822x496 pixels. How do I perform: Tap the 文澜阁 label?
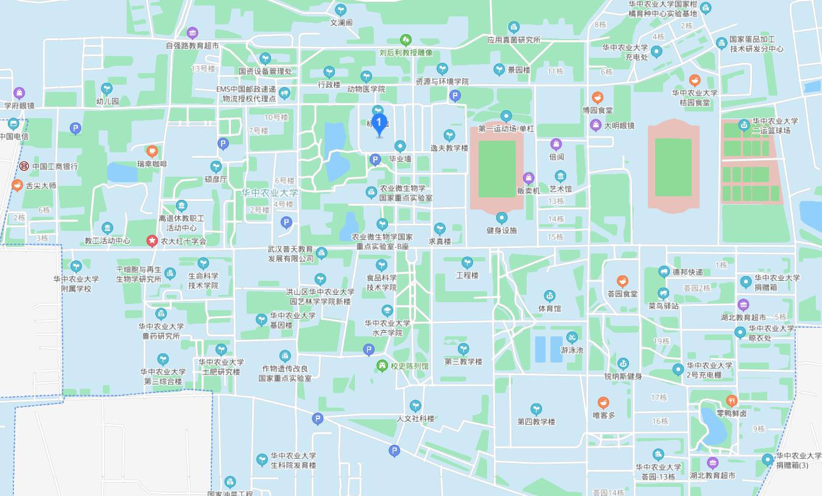click(x=341, y=23)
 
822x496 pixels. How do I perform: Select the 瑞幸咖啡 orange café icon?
click(x=152, y=151)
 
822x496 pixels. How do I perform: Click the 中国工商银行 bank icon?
click(x=24, y=166)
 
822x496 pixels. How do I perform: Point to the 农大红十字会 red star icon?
click(x=152, y=241)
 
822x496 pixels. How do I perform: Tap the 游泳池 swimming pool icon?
click(x=572, y=338)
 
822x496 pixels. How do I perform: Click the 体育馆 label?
click(x=549, y=309)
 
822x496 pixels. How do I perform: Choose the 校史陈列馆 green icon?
click(x=382, y=366)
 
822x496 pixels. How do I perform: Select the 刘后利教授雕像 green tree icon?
click(x=406, y=40)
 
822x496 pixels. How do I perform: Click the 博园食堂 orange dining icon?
click(x=597, y=97)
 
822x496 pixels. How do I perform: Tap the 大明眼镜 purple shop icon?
click(x=596, y=126)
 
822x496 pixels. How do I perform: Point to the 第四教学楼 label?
click(x=536, y=422)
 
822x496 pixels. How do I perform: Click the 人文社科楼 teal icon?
click(x=415, y=406)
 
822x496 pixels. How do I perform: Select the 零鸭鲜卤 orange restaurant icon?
click(x=732, y=400)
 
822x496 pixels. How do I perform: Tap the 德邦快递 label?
click(x=687, y=272)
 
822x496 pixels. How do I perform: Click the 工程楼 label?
click(x=467, y=275)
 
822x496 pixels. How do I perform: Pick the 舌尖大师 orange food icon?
click(x=17, y=186)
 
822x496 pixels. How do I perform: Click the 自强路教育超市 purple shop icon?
click(x=192, y=33)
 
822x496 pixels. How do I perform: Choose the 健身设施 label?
click(x=502, y=230)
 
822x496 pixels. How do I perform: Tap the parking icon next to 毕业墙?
click(x=375, y=160)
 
